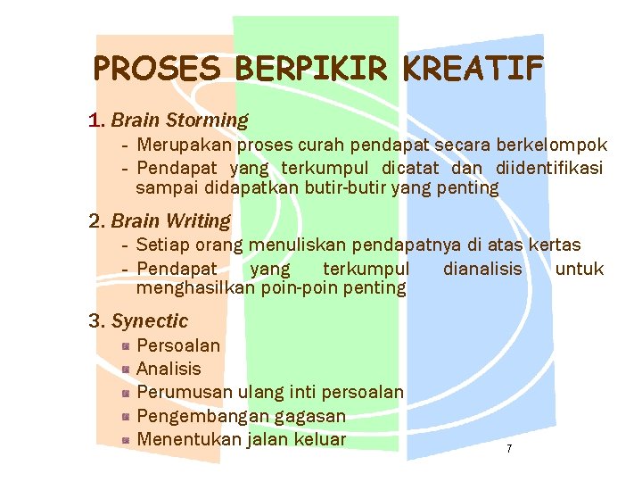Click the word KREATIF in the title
pos(473,68)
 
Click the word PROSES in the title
pos(157,68)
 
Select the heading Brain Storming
pos(179,120)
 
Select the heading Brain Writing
pos(170,220)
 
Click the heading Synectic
pos(150,320)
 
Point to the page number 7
pos(509,448)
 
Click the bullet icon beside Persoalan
pos(128,345)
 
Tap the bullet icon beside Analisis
pos(128,369)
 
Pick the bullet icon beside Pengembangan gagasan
pos(128,416)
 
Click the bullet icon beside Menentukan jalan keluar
pos(128,439)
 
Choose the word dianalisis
pos(482,269)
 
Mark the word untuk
pos(579,269)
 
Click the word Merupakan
pos(180,145)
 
